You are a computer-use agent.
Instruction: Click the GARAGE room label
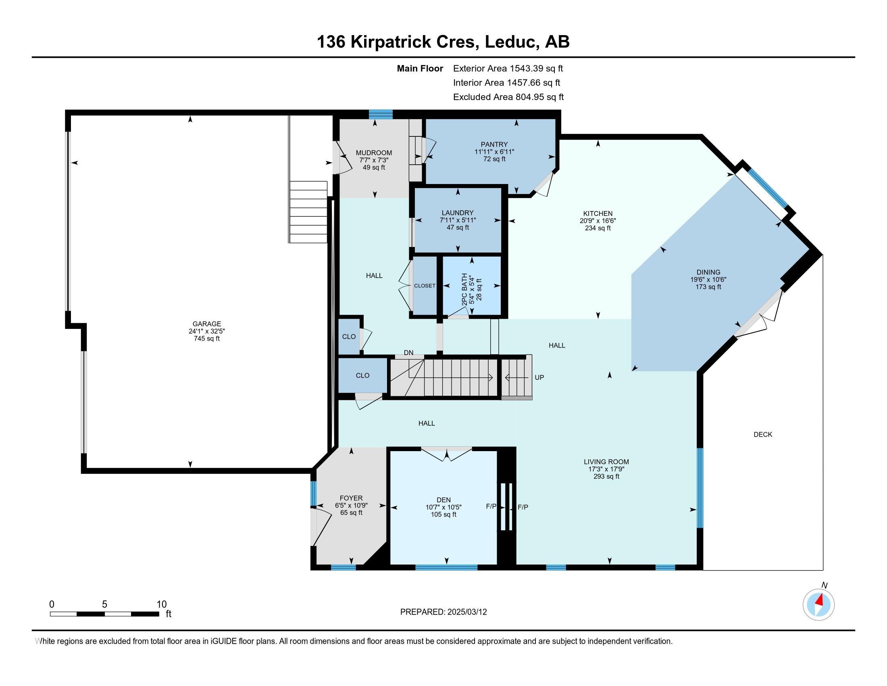pos(207,324)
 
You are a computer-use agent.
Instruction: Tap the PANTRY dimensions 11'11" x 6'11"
pos(494,152)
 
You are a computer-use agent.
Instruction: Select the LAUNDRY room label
pos(458,213)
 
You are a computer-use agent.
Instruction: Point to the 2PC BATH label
pos(464,289)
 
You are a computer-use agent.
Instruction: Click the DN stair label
pos(408,352)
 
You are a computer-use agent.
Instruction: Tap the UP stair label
pos(539,377)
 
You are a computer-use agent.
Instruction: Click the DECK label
pos(763,435)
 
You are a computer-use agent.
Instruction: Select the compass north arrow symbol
pos(819,604)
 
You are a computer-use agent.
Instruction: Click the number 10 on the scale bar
pos(162,604)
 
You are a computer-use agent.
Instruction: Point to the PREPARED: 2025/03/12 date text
pos(443,612)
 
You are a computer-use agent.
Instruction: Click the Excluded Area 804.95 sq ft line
pos(508,97)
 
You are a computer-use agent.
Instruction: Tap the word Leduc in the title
pos(509,42)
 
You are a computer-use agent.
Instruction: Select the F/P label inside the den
pos(491,506)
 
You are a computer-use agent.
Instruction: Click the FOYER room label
pos(351,498)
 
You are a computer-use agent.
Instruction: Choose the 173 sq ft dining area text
pos(708,287)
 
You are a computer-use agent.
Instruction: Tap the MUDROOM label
pos(374,153)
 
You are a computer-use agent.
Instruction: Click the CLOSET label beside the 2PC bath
pos(425,286)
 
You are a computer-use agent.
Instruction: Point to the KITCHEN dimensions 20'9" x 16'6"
pos(598,221)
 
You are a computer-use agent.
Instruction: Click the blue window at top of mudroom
pos(381,114)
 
